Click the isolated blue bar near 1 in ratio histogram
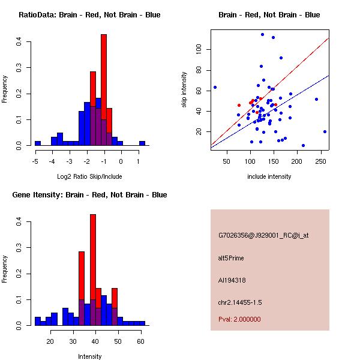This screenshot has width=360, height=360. coord(142,143)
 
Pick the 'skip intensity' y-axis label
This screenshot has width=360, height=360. coord(184,90)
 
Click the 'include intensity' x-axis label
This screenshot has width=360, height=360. coord(269,176)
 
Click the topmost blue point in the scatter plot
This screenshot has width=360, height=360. coord(262,34)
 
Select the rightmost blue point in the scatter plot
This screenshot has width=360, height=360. coord(325,131)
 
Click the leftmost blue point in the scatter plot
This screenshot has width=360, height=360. coord(215,88)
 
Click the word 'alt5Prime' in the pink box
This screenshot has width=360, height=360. coord(231,257)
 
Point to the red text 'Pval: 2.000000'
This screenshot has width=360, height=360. coord(239,319)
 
